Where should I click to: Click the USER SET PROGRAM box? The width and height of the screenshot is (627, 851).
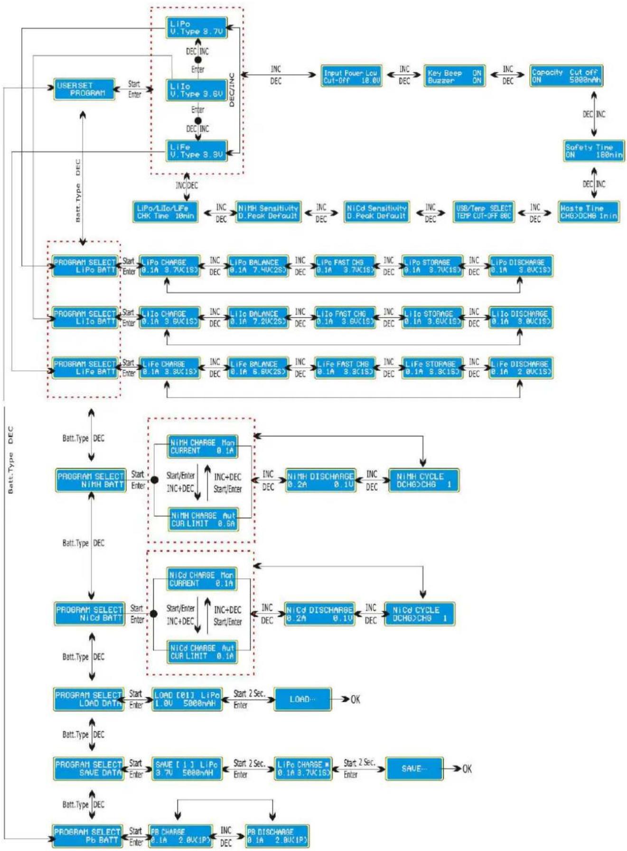84,89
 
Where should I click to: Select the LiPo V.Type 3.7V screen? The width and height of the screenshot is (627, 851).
197,28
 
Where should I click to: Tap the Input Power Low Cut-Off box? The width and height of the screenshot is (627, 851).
351,76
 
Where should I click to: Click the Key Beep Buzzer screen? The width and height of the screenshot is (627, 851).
454,76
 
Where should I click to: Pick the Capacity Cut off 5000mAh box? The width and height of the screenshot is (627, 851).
566,76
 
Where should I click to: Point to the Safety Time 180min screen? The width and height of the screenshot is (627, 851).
594,151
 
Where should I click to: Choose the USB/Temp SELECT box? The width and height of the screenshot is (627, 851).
483,211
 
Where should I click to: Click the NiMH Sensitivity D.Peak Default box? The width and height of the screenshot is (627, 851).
268,211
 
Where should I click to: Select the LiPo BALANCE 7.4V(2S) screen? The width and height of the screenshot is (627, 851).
258,266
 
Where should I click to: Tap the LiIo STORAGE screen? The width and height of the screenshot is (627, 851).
432,318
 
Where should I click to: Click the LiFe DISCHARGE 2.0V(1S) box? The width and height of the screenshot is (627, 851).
521,368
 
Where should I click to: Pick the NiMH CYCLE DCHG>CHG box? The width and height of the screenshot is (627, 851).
423,480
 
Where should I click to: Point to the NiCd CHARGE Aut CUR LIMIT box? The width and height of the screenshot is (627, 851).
203,652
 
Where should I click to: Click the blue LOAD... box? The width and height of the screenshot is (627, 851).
302,699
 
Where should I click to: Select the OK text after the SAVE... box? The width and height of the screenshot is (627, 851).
467,768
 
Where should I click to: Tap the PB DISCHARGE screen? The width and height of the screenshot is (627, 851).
277,836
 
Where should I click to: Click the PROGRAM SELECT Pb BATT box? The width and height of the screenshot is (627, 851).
87,836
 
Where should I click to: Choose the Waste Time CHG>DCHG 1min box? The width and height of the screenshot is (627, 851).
589,211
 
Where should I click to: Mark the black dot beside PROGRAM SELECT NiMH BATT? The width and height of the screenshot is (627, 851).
154,480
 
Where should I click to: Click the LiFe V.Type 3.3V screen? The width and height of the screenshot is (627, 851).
197,151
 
